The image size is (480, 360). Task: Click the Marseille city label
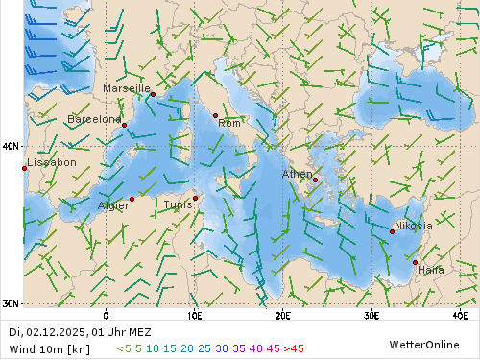point(127,88)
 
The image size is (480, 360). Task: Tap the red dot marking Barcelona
point(124,125)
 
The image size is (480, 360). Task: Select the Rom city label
point(229,123)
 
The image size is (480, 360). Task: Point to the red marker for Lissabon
point(24,169)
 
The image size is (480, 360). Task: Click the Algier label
point(113,205)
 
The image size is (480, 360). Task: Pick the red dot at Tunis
point(195,199)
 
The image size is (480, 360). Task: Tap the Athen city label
point(297,174)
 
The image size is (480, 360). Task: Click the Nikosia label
point(414,226)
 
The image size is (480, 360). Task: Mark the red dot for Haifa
point(415,262)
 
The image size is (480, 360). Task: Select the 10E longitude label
point(194,315)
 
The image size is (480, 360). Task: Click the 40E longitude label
point(459,315)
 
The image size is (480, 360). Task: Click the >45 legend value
point(293,348)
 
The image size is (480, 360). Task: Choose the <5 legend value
point(123,348)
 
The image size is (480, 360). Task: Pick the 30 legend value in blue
point(221,348)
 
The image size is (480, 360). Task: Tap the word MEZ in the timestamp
point(138,332)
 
